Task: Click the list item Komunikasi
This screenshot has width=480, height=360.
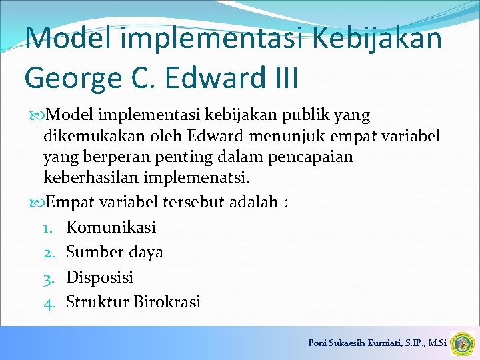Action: tap(111, 227)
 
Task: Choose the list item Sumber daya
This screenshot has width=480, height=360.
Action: tap(115, 252)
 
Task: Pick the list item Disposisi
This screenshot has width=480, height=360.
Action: tap(100, 277)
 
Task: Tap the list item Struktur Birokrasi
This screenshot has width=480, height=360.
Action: tap(133, 301)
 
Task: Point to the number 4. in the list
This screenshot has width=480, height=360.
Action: tap(50, 302)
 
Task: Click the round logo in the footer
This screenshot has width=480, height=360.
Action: tap(461, 344)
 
